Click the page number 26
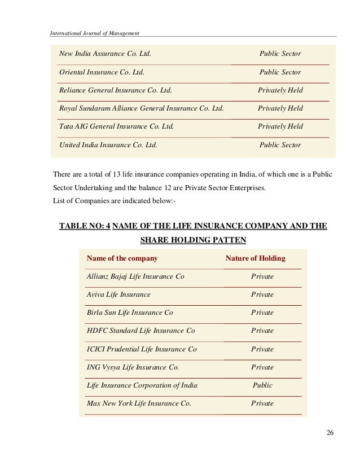click(x=330, y=433)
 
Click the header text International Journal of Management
click(x=95, y=32)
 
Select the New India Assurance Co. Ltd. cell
click(x=105, y=54)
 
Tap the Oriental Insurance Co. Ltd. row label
click(x=102, y=72)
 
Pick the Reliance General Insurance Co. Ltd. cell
click(x=116, y=90)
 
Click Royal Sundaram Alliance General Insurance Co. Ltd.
click(x=142, y=108)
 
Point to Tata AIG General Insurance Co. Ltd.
click(x=117, y=126)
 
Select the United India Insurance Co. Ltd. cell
click(x=108, y=145)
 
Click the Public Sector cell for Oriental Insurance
click(x=280, y=72)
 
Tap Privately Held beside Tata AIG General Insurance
click(x=280, y=126)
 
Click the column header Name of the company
click(x=121, y=258)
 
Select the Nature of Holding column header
click(x=255, y=258)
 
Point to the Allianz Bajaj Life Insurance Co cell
click(x=135, y=276)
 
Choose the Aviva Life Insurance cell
click(x=118, y=294)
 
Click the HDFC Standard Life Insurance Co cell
click(x=141, y=331)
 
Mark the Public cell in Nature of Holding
click(x=262, y=385)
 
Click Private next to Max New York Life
click(x=262, y=403)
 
